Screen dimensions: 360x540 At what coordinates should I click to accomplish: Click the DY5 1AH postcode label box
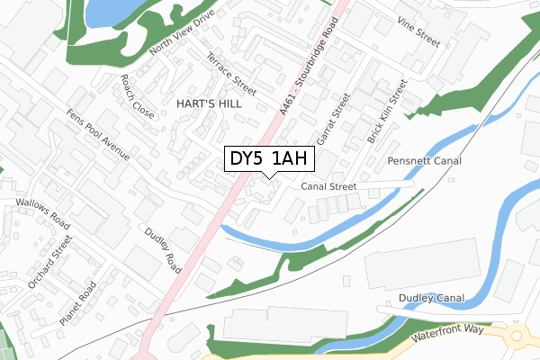(x=269, y=159)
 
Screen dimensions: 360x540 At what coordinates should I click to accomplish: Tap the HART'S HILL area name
(x=209, y=103)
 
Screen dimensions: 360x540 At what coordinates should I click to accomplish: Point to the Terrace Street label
(x=231, y=73)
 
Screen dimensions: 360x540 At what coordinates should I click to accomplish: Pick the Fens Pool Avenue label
(x=98, y=136)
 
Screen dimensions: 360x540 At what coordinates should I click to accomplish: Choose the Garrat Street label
(x=333, y=122)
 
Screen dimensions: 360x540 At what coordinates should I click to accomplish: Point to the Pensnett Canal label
(x=424, y=161)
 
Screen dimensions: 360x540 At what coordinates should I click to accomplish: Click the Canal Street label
(x=329, y=187)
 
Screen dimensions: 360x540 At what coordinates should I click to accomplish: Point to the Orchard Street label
(x=49, y=262)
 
